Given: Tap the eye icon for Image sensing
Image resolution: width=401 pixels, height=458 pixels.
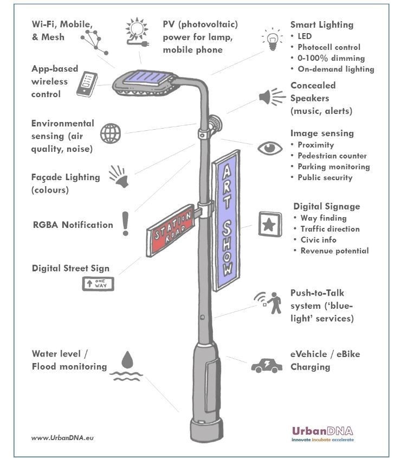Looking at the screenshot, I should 270,148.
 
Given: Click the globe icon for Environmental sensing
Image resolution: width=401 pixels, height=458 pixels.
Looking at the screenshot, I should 111,133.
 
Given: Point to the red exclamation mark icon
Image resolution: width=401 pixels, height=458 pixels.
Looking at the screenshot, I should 126,224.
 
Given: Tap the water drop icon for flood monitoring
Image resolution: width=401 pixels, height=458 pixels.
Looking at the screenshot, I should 127,359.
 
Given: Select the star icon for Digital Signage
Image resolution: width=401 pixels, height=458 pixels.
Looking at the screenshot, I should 269,224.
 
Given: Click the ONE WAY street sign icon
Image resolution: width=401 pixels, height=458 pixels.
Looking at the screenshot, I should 98,283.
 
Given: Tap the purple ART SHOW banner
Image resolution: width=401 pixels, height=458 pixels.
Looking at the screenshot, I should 226,220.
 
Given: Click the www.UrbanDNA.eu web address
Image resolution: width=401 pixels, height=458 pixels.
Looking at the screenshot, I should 62,437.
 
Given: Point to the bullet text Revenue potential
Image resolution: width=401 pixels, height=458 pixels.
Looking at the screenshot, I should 334,251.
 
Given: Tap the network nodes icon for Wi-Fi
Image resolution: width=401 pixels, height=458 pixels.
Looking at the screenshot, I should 94,41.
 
